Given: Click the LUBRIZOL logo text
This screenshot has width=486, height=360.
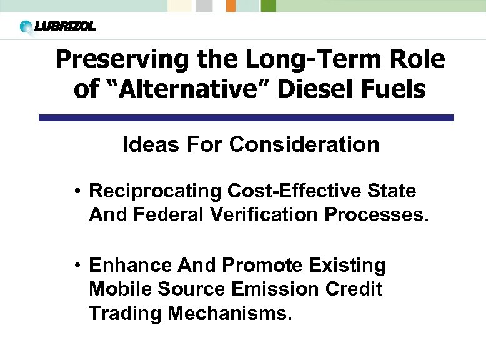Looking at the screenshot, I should [x=65, y=27].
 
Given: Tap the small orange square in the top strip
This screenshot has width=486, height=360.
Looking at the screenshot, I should [x=231, y=6].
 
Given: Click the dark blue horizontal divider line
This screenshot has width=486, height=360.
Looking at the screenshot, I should [x=246, y=117].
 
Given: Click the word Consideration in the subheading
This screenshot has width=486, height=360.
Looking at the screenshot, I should [x=304, y=144].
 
